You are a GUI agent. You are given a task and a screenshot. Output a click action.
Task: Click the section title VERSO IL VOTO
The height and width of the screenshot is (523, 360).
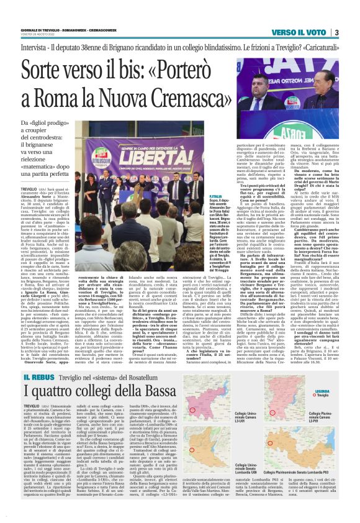(x=299, y=32)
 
